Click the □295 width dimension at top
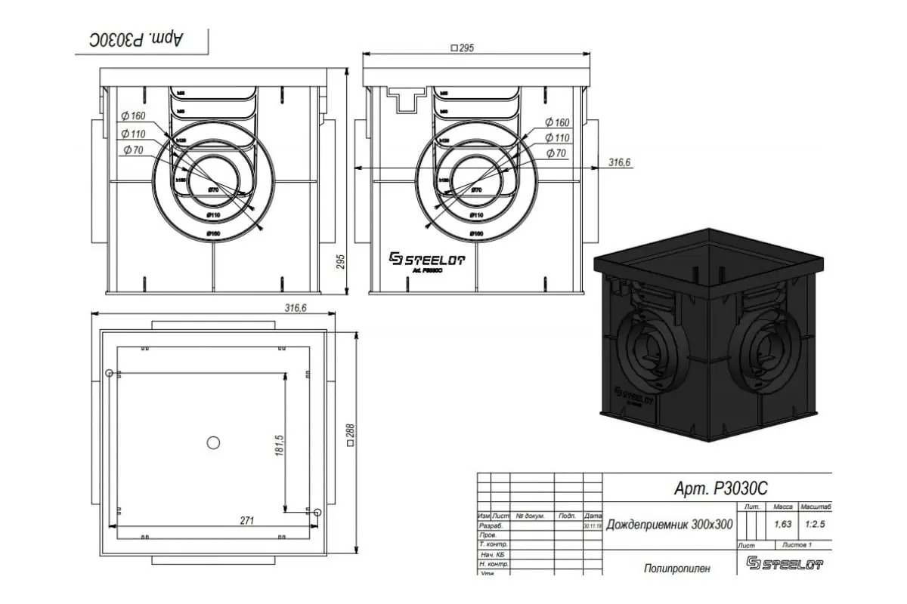coord(462,48)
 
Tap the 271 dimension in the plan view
coord(246,521)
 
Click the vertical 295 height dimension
coord(341,261)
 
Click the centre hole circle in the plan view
coord(213,442)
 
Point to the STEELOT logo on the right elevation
coord(427,259)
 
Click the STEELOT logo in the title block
coord(784,563)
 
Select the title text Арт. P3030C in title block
coord(720,489)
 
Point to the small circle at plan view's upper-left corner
coord(110,373)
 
